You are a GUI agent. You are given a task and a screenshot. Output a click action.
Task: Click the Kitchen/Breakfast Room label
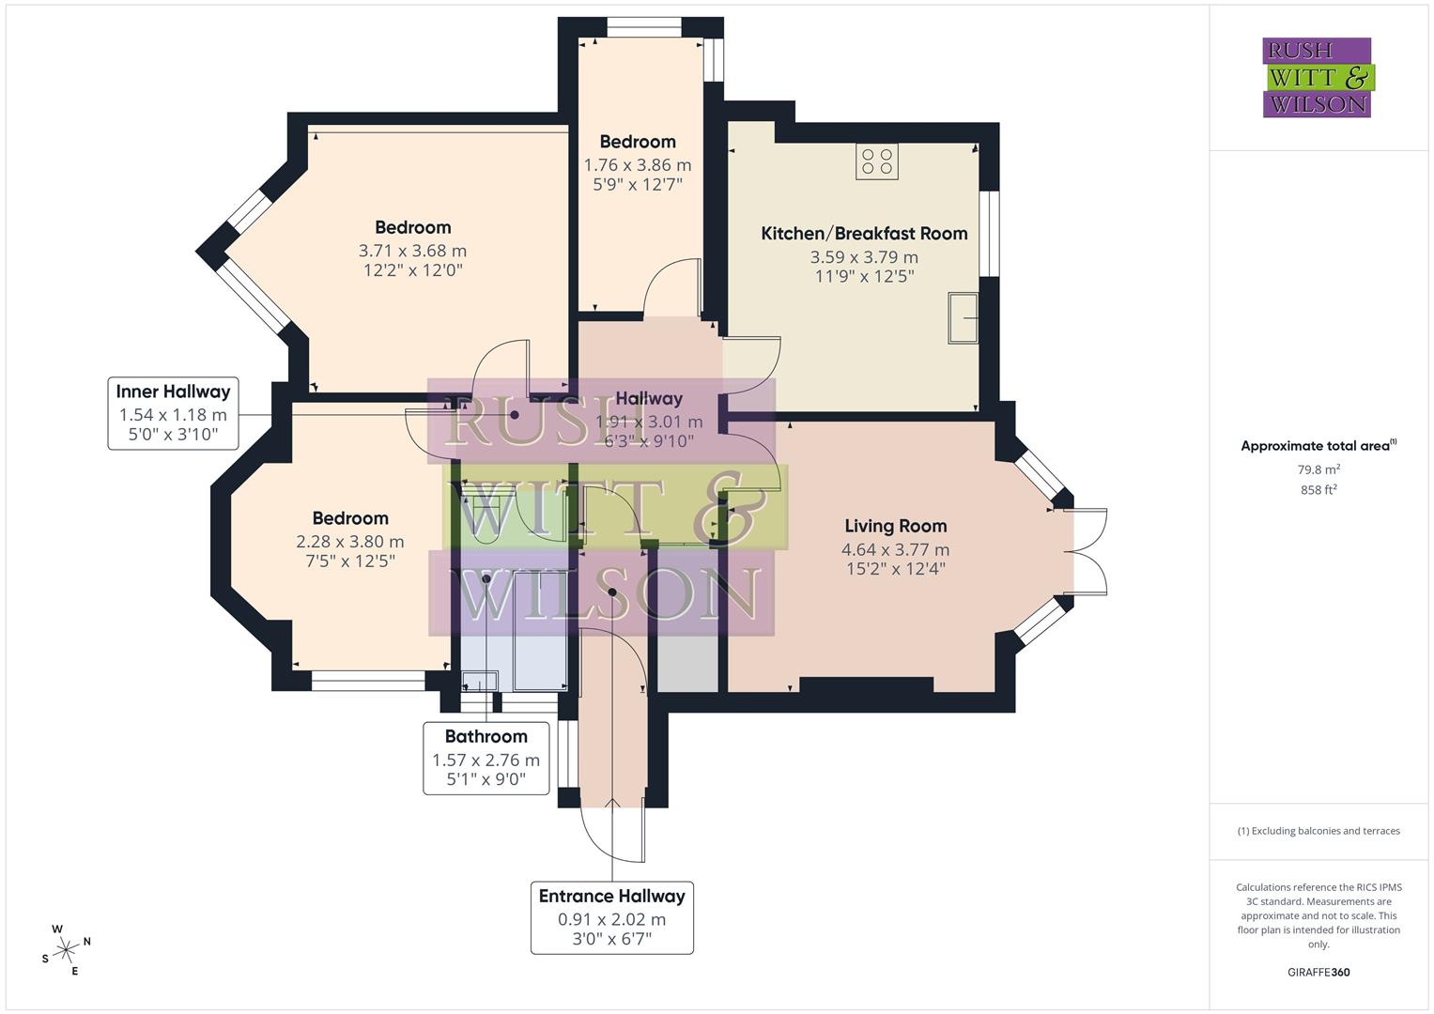[864, 234]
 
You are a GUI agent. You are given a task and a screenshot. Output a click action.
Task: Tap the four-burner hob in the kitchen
[876, 161]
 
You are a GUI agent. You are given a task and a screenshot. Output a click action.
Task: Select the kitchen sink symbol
[963, 318]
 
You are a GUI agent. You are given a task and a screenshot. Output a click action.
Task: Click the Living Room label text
[895, 527]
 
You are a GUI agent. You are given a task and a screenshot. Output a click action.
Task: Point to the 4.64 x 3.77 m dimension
[895, 550]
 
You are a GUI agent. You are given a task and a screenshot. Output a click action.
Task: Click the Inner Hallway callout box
[173, 413]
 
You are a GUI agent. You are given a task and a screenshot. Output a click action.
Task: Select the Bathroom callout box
[486, 758]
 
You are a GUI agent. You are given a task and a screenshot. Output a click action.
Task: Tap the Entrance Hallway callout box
[611, 917]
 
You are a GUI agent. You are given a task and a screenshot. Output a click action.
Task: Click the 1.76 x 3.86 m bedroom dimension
[638, 165]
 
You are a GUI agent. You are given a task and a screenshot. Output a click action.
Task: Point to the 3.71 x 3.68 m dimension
[412, 251]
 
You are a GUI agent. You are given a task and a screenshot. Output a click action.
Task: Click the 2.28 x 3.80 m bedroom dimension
[349, 542]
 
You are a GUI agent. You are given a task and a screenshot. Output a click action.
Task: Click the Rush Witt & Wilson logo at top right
[1317, 78]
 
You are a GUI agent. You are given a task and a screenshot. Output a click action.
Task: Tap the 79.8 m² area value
[1318, 470]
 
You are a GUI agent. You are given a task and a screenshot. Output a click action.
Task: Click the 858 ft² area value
[1318, 490]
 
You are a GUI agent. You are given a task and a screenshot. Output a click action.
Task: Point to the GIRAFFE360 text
[1318, 973]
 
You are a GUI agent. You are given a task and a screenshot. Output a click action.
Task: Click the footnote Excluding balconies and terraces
[1318, 831]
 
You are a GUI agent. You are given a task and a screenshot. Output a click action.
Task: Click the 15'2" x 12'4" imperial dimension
[895, 569]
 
